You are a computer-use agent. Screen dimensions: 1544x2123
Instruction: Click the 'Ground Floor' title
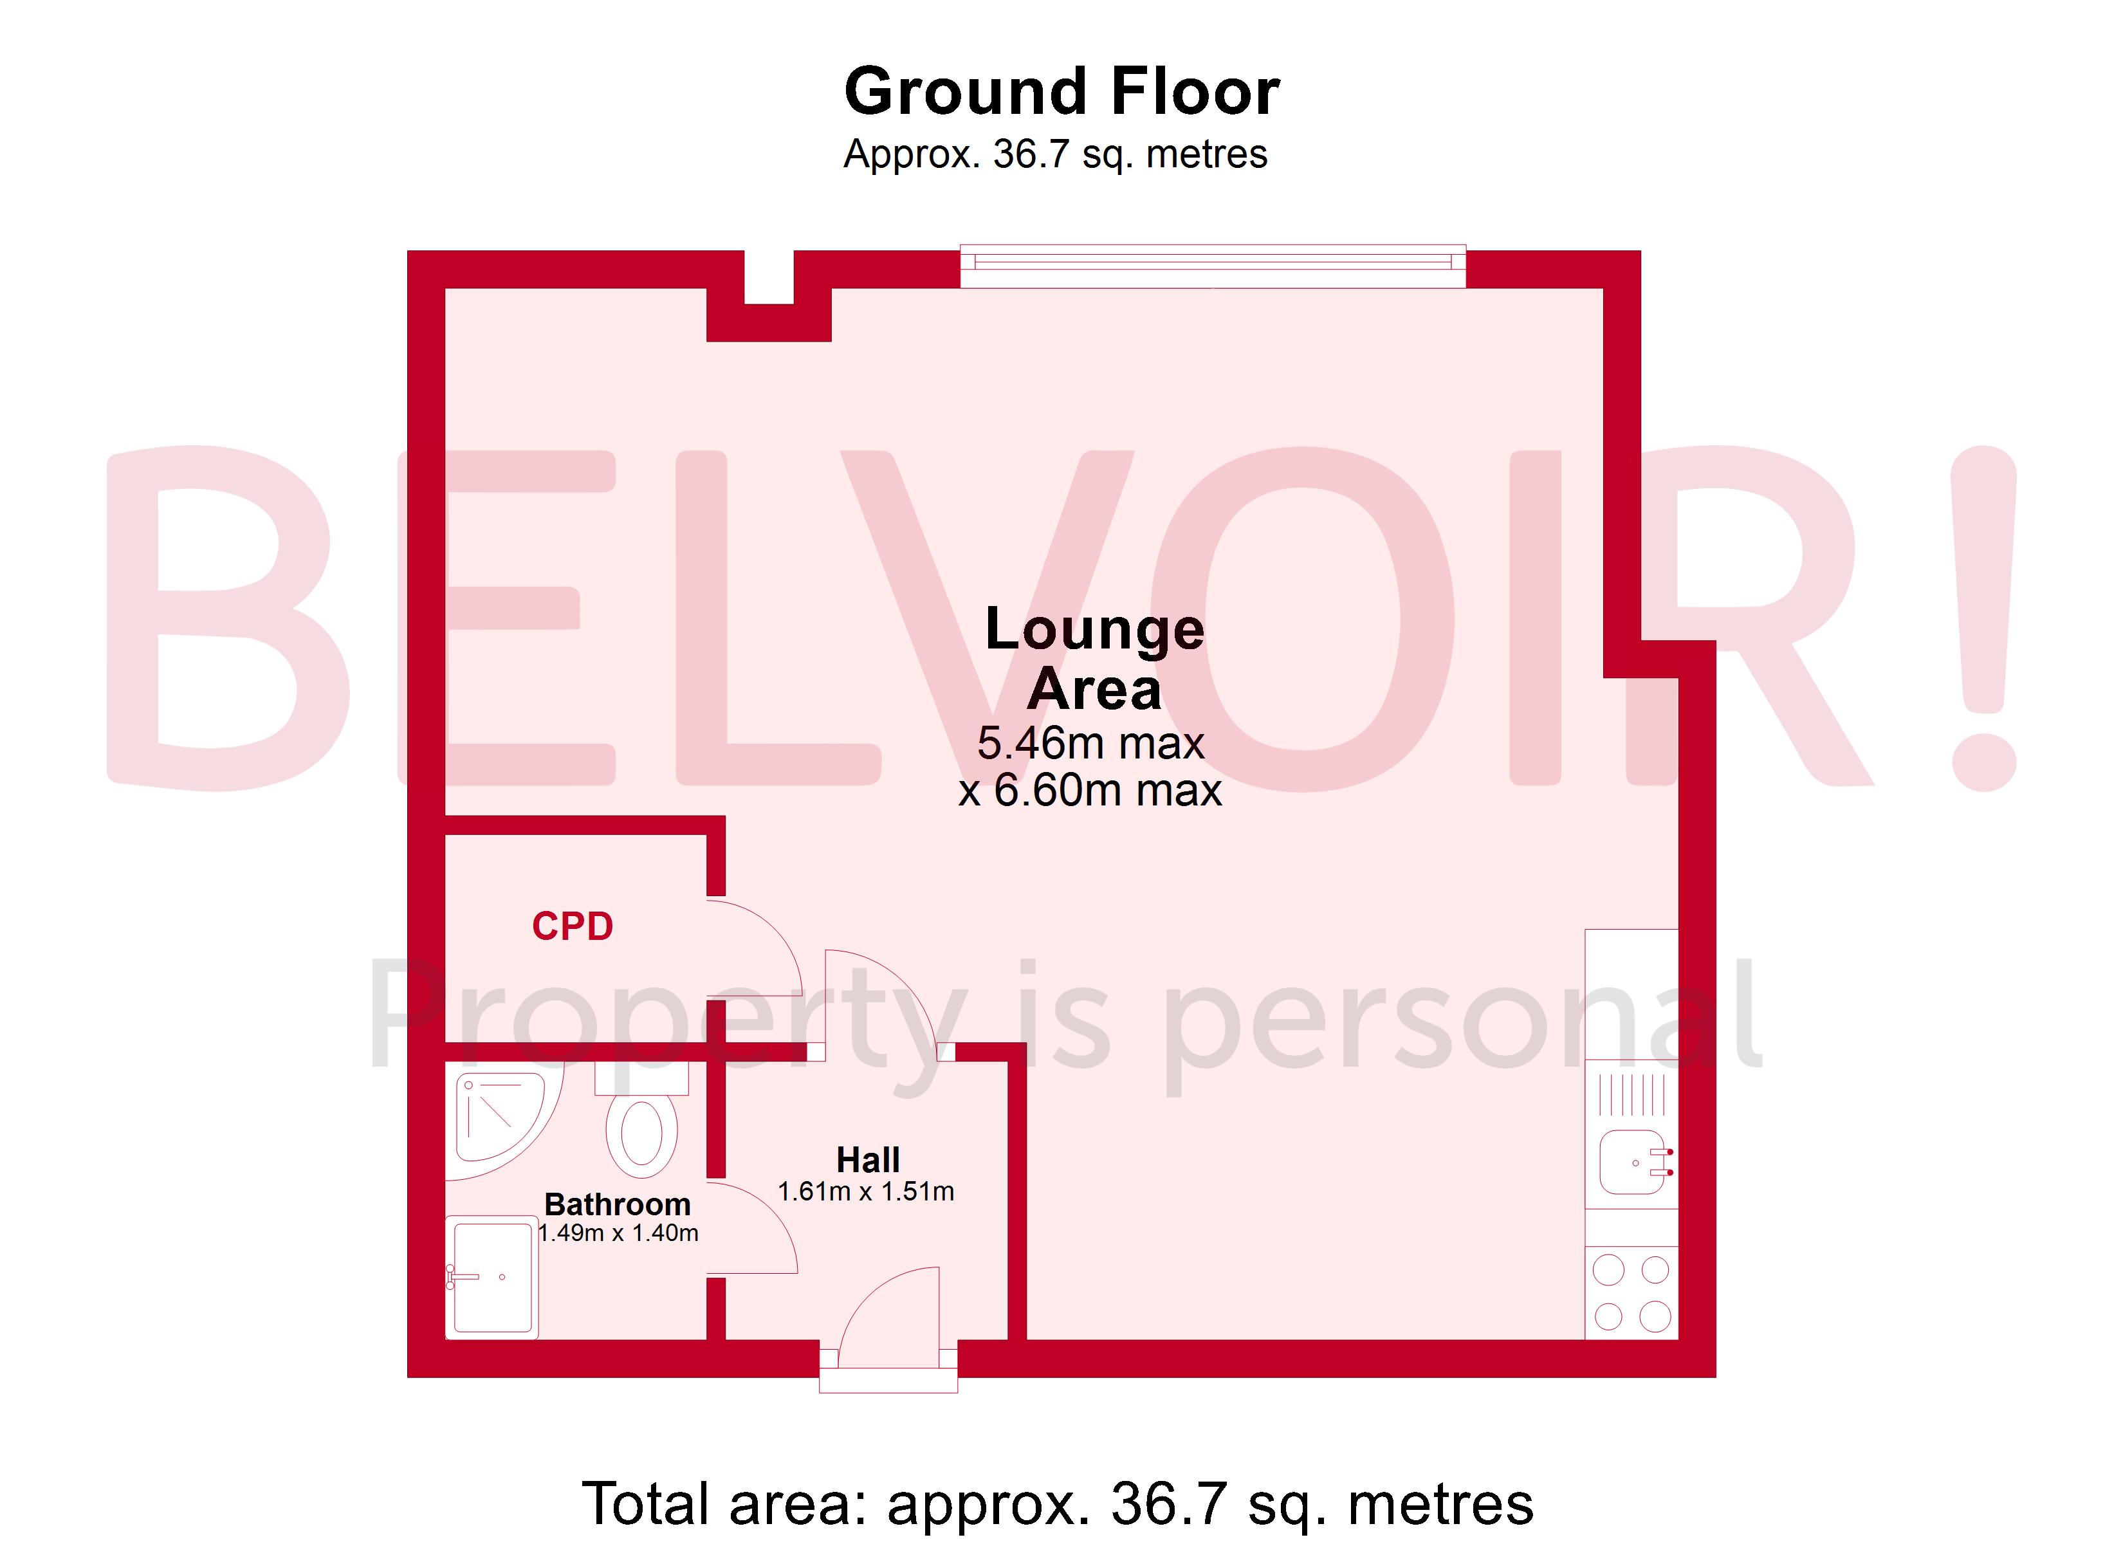click(x=1061, y=92)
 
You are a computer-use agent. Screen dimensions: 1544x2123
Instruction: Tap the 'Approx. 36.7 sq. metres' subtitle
click(x=1055, y=154)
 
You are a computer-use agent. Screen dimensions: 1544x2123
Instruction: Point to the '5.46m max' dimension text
click(x=1090, y=744)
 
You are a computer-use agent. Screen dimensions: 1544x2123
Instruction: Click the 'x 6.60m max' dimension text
click(x=1090, y=790)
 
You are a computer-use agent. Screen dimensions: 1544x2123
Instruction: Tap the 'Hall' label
click(x=868, y=1160)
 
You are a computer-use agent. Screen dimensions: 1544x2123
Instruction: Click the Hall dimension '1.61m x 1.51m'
click(x=866, y=1192)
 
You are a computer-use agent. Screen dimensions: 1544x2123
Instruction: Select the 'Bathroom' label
click(x=618, y=1204)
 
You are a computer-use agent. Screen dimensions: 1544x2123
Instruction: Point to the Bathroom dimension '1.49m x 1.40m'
click(x=618, y=1233)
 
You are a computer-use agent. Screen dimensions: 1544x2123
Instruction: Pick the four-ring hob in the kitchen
click(x=1631, y=1293)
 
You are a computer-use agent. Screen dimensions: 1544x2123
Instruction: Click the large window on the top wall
click(x=1212, y=266)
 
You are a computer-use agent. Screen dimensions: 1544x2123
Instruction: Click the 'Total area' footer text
click(x=1058, y=1503)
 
